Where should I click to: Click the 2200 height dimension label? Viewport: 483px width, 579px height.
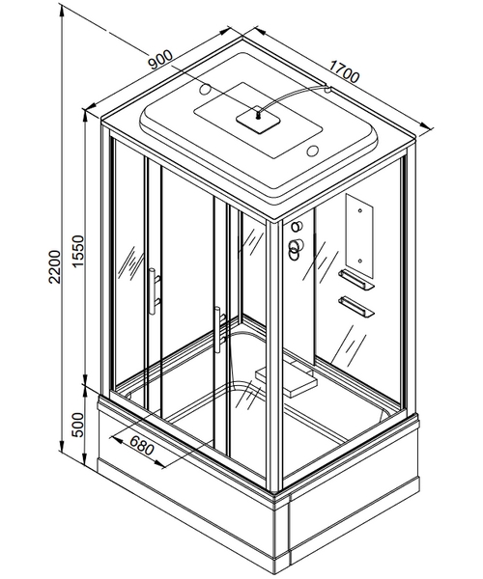tap(55, 266)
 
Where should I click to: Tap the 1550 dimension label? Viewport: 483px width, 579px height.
tap(78, 252)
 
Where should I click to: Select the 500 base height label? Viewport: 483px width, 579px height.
tap(78, 425)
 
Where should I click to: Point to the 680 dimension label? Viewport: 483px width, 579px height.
tap(142, 445)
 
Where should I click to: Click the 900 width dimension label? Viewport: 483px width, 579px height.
tap(160, 60)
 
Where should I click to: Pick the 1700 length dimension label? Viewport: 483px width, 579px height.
tap(344, 72)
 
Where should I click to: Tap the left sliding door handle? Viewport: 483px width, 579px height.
tap(155, 291)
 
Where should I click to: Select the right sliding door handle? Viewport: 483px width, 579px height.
tap(220, 324)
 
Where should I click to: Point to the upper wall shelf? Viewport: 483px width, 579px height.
tap(356, 279)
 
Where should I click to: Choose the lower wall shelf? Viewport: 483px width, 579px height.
tap(356, 307)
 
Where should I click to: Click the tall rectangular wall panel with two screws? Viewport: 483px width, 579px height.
tap(359, 236)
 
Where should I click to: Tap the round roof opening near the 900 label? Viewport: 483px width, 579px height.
tap(205, 89)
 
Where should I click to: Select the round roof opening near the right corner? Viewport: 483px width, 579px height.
tap(313, 151)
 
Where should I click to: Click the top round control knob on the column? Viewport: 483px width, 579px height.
tap(297, 227)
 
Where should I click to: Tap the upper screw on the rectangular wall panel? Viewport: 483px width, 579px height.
tap(360, 210)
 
